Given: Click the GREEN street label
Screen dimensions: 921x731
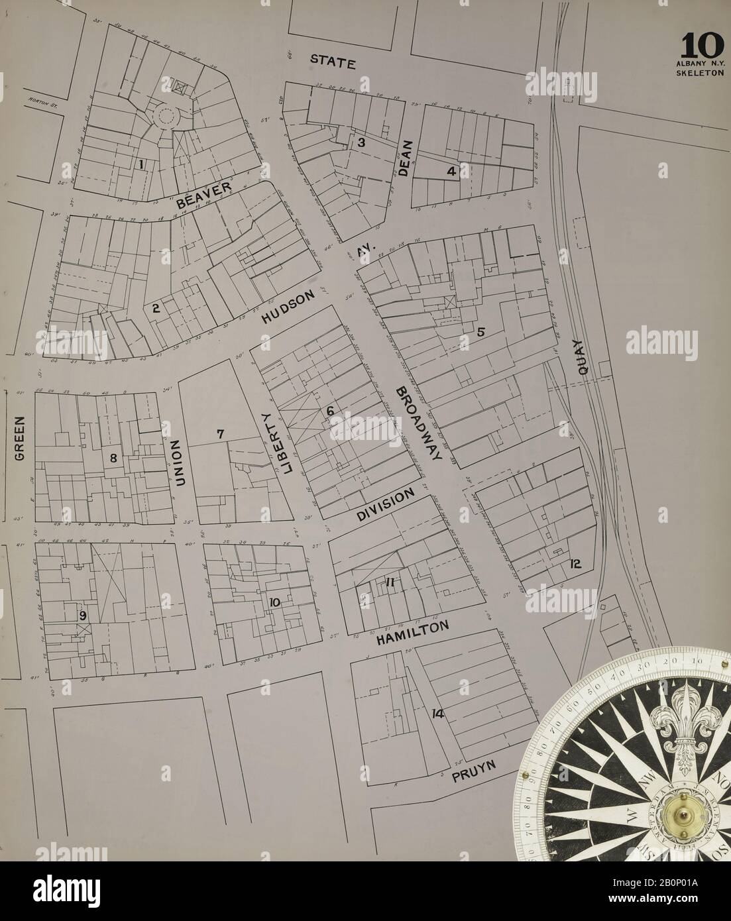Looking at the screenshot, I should (x=20, y=438).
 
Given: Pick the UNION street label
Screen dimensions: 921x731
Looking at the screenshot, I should (x=177, y=464).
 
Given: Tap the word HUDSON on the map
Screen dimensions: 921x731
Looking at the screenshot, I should (x=286, y=309).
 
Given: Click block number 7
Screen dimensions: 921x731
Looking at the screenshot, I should (x=221, y=434).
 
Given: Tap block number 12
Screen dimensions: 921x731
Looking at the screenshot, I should (x=575, y=564).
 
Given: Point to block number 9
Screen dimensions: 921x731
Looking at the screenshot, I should (x=83, y=616).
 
